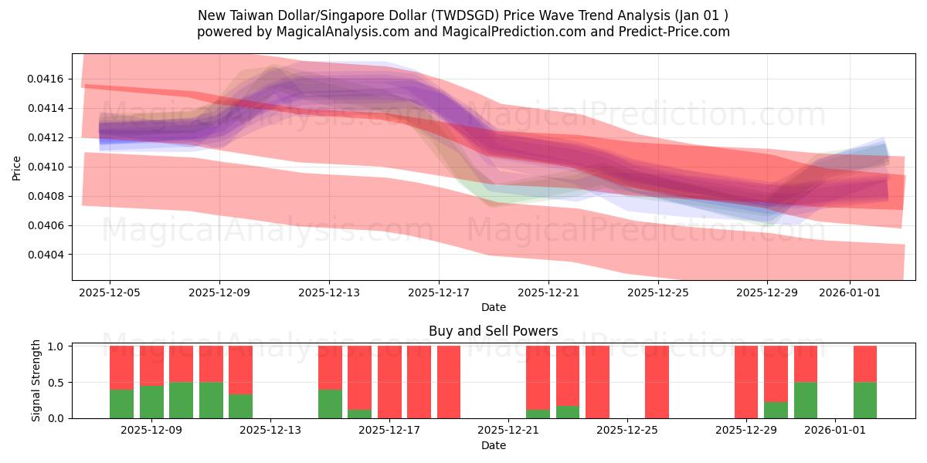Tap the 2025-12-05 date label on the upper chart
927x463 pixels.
[x=110, y=292]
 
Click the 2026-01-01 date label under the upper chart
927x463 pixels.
[x=850, y=292]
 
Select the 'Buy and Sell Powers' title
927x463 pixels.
[x=493, y=331]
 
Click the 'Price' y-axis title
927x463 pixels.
[x=17, y=167]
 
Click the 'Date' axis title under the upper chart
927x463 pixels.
[x=493, y=307]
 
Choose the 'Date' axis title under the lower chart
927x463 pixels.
[x=493, y=445]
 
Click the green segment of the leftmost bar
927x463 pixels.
[x=121, y=404]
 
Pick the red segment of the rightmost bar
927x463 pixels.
[x=864, y=363]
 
